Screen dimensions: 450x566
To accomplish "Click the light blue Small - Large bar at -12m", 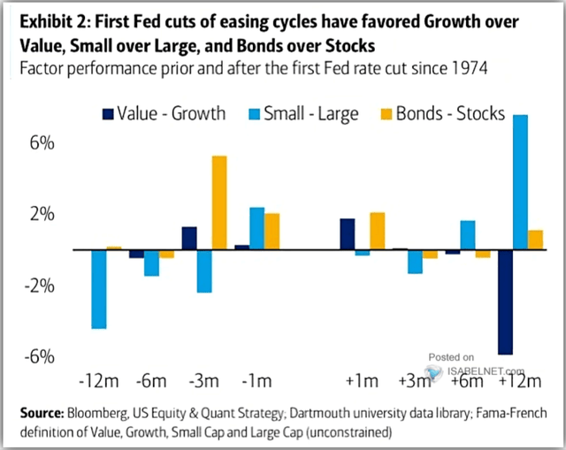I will pos(98,289).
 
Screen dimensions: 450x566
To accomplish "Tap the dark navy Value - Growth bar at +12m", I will pos(505,301).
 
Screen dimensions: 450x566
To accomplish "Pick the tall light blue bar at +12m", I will pos(521,182).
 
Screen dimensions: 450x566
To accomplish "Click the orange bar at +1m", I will pos(377,231).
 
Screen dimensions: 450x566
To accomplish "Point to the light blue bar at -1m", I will pos(256,228).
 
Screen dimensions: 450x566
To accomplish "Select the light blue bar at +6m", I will pos(468,235).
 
